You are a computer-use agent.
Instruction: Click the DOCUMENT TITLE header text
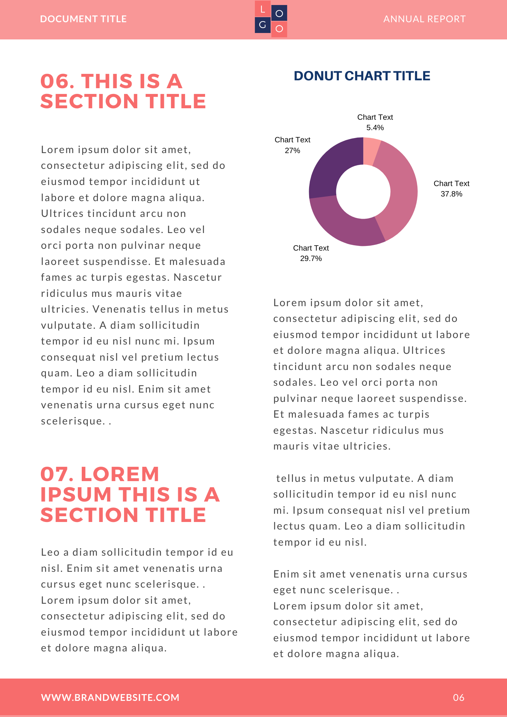83,19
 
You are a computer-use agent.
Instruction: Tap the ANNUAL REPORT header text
424,19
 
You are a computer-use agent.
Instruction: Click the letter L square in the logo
263,9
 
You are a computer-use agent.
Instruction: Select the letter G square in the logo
263,25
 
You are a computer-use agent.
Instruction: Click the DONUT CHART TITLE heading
362,76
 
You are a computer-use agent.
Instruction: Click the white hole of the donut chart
363,192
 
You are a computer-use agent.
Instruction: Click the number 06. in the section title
57,81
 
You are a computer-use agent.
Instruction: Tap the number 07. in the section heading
57,474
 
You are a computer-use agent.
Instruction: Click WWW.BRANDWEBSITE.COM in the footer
110,698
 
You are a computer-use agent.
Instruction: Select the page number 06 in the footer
459,698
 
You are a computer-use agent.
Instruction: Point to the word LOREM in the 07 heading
120,474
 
